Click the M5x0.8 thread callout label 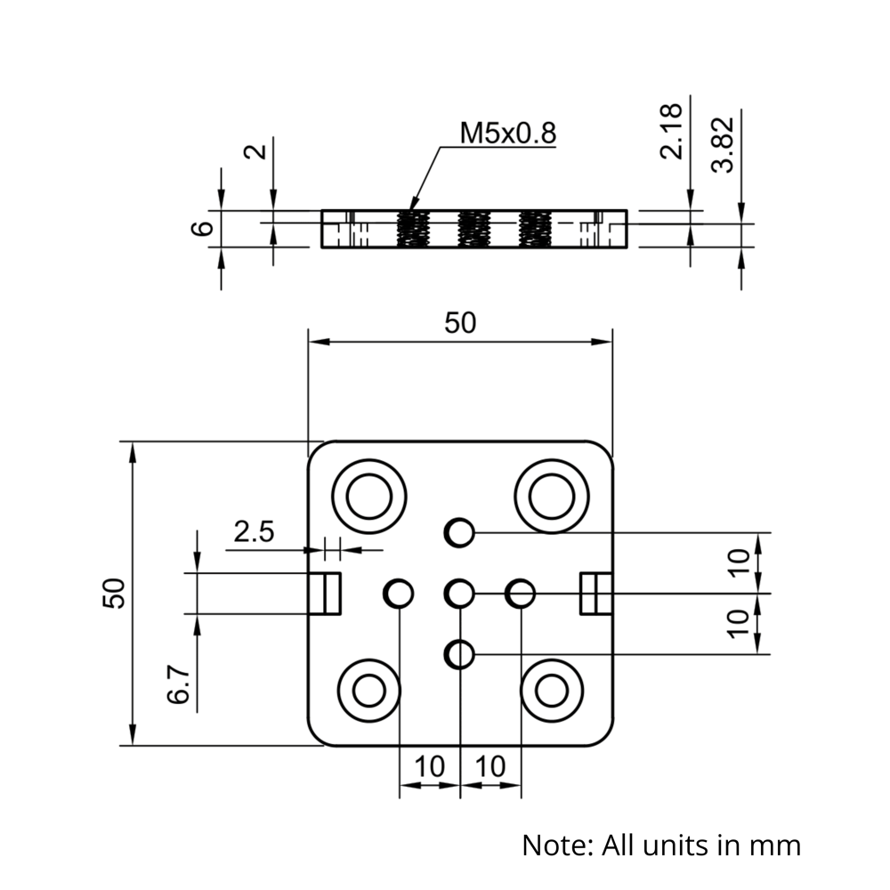[507, 133]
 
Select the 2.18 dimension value [672, 131]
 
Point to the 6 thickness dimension [205, 228]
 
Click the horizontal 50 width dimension [460, 323]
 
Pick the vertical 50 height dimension [114, 592]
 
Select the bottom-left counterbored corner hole [368, 689]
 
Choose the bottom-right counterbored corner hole [552, 689]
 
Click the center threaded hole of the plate [459, 593]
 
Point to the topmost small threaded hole [459, 532]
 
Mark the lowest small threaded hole [459, 654]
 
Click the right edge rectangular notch [595, 594]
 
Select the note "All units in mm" [660, 844]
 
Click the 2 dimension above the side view [256, 150]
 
